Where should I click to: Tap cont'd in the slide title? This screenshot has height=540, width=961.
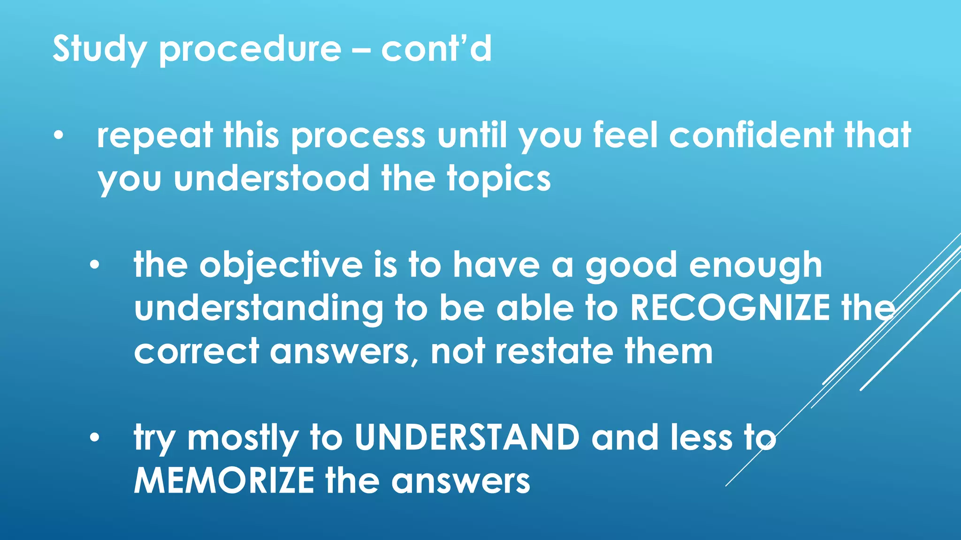pos(436,49)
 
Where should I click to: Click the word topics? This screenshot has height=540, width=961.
pos(499,180)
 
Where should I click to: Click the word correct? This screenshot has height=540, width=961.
pos(196,352)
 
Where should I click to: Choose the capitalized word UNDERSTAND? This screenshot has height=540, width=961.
pos(467,437)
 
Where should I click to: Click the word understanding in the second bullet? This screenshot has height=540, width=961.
pos(259,309)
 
